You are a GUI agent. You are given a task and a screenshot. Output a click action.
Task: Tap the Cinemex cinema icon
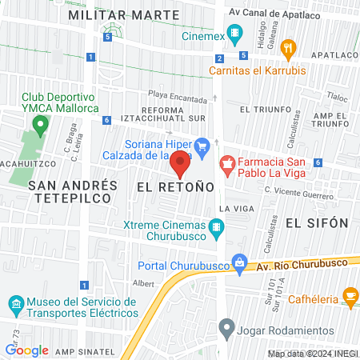tap(234, 34)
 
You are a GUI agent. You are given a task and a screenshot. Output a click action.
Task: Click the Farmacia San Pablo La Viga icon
tap(227, 165)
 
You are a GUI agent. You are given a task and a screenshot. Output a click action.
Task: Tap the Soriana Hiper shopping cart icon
tap(202, 146)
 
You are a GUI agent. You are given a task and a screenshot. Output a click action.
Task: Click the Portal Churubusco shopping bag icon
tap(239, 262)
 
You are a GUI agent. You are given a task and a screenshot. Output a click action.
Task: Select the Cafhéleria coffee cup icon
tap(350, 297)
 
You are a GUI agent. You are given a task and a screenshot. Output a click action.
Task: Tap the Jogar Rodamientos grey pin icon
tap(227, 327)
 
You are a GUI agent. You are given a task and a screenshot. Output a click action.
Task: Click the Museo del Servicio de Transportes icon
tap(17, 305)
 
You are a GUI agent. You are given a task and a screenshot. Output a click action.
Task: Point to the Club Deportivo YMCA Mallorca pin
tap(38, 125)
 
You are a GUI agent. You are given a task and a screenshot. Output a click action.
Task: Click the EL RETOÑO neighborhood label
tap(175, 186)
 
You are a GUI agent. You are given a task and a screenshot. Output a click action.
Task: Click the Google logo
tap(26, 350)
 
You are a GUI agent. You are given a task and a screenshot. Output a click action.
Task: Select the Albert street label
tap(143, 283)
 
